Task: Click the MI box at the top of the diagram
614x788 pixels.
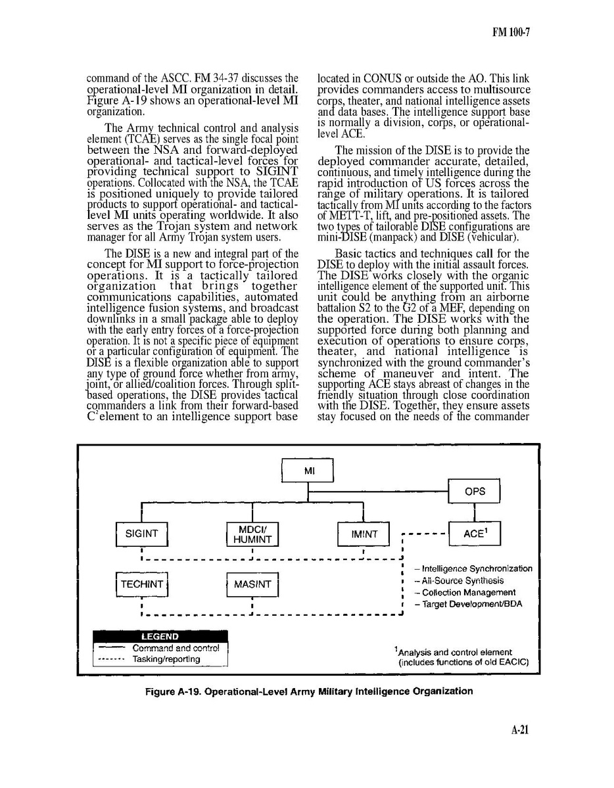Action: (x=308, y=471)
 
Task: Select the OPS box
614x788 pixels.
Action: (x=474, y=492)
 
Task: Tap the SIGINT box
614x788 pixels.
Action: (x=141, y=534)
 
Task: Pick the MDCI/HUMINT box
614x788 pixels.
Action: (x=252, y=534)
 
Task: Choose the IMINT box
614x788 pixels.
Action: (x=364, y=534)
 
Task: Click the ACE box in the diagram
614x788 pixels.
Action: (x=474, y=534)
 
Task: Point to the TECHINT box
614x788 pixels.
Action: (x=141, y=584)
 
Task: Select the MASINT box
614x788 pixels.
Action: (x=252, y=584)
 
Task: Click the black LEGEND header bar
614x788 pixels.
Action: (x=160, y=636)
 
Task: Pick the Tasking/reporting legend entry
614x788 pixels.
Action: (x=166, y=659)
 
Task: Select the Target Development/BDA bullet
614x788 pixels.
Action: (x=468, y=604)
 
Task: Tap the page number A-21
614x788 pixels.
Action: (x=520, y=730)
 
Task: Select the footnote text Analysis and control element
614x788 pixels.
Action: (x=454, y=652)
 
